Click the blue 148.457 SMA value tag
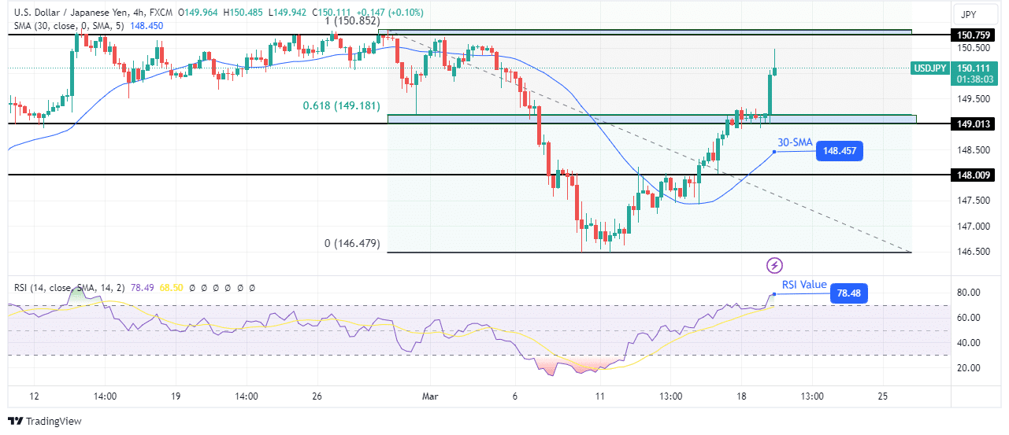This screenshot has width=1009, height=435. pyautogui.click(x=840, y=151)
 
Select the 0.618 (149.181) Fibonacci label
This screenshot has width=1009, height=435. pyautogui.click(x=341, y=105)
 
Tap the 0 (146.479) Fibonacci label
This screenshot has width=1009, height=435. pyautogui.click(x=352, y=244)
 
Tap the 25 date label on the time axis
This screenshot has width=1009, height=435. pyautogui.click(x=882, y=396)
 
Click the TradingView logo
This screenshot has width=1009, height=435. pyautogui.click(x=45, y=422)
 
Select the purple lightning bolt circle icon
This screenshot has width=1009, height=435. pyautogui.click(x=774, y=265)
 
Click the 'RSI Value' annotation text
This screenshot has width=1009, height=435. pyautogui.click(x=804, y=285)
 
